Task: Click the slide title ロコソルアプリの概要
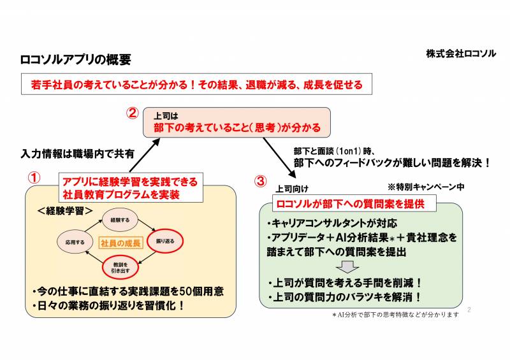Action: point(76,60)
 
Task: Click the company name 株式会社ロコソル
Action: point(461,54)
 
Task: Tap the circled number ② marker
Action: point(133,114)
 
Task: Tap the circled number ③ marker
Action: point(260,181)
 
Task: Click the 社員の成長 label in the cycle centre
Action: point(120,242)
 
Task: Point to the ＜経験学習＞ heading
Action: point(66,210)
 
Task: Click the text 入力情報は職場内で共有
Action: point(77,154)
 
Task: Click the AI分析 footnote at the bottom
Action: point(395,315)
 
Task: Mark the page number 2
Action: point(470,310)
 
